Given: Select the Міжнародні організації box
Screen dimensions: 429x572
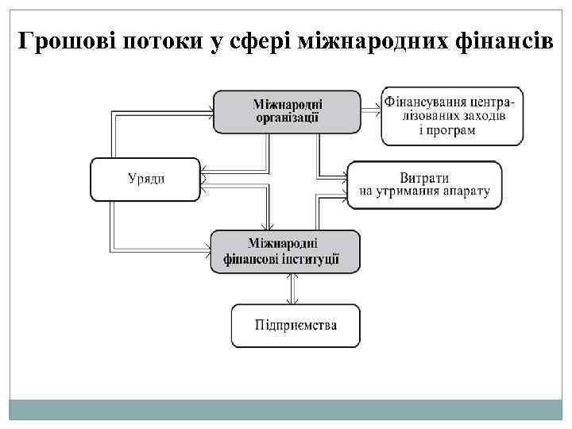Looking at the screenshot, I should click(x=287, y=111).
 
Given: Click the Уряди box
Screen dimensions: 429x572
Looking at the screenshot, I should click(x=145, y=179).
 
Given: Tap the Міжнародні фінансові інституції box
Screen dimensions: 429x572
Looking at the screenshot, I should click(x=284, y=250).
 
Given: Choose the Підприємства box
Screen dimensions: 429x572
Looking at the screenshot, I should click(x=296, y=325).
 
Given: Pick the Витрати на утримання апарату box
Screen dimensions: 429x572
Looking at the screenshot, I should click(x=424, y=184).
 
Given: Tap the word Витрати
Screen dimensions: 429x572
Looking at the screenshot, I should click(x=424, y=177).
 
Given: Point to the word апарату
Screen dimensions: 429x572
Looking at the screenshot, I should click(x=464, y=191).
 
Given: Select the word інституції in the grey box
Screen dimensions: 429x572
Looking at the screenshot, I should click(x=315, y=258).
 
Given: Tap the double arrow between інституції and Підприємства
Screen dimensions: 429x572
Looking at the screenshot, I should click(x=294, y=288).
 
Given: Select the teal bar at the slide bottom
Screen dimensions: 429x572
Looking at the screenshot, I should click(x=286, y=409).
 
